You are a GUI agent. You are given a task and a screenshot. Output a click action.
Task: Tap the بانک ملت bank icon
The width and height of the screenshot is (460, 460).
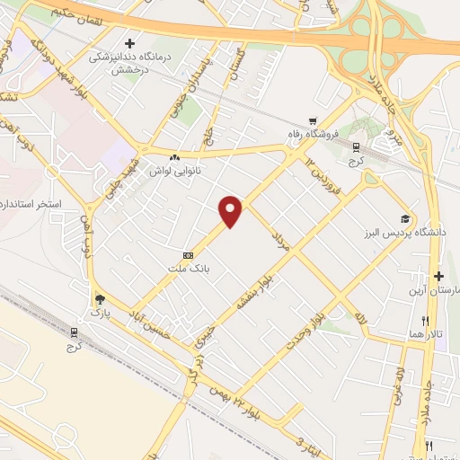pos(188,255)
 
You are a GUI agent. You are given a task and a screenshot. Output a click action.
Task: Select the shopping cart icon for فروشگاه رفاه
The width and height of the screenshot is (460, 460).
pos(313,121)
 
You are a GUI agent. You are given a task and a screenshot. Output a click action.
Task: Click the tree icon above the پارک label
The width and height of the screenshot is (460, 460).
pos(99,299)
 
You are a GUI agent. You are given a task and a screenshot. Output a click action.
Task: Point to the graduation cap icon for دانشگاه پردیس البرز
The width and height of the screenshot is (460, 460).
pos(405,219)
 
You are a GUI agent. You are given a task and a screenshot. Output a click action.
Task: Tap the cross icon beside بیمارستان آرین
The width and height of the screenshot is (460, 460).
pos(438,277)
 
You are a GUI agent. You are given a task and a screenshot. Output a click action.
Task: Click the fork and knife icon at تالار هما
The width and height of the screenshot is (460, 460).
pos(425,320)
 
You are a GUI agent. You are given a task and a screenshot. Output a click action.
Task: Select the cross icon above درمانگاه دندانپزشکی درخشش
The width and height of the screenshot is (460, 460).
pos(130,42)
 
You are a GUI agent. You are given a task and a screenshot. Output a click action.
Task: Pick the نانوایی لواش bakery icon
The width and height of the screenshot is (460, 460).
pos(173,157)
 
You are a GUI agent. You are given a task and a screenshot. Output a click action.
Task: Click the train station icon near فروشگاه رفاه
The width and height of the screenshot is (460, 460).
pos(356,147)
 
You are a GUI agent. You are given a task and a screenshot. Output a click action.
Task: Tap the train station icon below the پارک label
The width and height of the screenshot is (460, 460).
pos(75,332)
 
